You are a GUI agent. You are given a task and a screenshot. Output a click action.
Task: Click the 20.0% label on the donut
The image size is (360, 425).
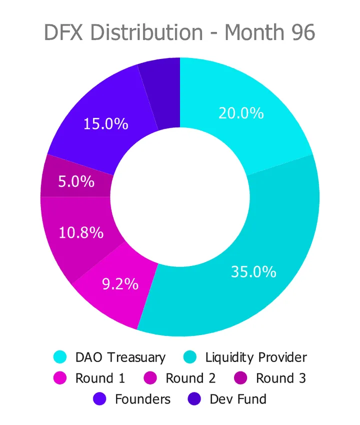pyautogui.click(x=241, y=113)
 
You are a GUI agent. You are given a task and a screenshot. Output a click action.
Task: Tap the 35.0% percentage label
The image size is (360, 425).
pyautogui.click(x=253, y=272)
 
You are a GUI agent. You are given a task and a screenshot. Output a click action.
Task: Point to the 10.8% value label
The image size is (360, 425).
pyautogui.click(x=81, y=232)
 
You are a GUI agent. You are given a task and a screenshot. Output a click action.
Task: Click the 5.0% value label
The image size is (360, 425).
pyautogui.click(x=76, y=181)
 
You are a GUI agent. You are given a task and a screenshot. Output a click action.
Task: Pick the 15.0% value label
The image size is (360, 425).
pyautogui.click(x=105, y=123)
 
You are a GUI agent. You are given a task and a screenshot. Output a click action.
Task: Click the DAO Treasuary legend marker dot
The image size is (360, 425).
pyautogui.click(x=60, y=357)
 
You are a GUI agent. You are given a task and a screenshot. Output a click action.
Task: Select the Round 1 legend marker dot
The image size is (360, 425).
pyautogui.click(x=60, y=378)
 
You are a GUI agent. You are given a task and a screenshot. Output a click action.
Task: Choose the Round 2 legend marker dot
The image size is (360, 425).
pyautogui.click(x=150, y=378)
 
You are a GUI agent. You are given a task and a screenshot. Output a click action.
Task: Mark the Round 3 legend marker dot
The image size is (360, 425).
pyautogui.click(x=240, y=378)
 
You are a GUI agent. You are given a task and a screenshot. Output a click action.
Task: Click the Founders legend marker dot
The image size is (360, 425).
pyautogui.click(x=99, y=399)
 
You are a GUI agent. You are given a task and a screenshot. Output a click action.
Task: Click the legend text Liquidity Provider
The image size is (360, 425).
pyautogui.click(x=256, y=357)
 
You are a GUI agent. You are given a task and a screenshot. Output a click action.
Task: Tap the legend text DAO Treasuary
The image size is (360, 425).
pyautogui.click(x=120, y=357)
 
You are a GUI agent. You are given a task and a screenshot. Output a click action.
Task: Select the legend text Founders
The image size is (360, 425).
pyautogui.click(x=142, y=399)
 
